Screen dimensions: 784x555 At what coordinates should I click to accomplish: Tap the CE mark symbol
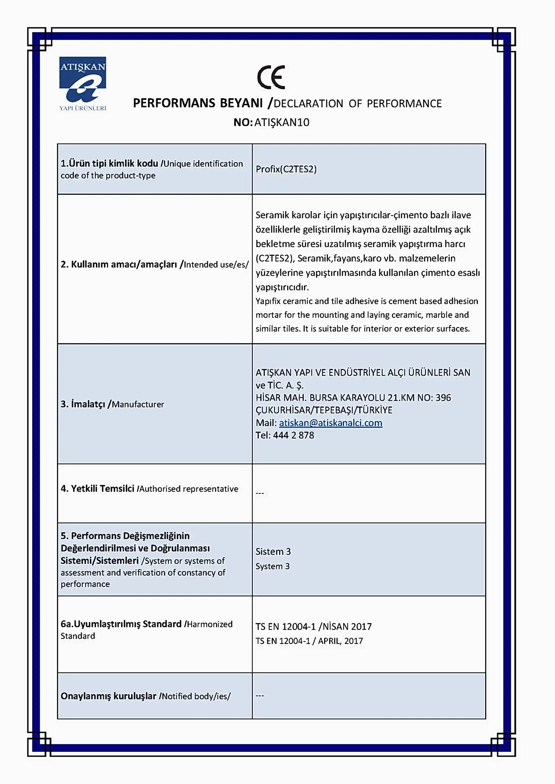click(x=271, y=77)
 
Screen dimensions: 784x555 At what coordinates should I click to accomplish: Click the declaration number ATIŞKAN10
click(x=282, y=122)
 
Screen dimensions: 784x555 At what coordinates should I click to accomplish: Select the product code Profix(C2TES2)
click(x=286, y=169)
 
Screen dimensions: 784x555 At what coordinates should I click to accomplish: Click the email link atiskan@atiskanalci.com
click(x=331, y=423)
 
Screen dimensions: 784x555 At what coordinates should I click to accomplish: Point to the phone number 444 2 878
click(x=293, y=435)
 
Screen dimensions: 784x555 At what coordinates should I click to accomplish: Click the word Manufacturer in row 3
click(x=138, y=404)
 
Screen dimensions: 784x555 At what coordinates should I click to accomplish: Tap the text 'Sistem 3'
click(x=273, y=551)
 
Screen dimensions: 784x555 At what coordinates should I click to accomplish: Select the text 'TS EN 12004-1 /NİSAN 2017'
click(x=313, y=626)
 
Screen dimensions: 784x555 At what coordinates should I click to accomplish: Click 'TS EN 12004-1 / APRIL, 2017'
click(x=309, y=641)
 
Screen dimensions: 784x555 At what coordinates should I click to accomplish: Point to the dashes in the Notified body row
click(x=260, y=696)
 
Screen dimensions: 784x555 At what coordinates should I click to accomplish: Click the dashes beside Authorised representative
click(x=260, y=493)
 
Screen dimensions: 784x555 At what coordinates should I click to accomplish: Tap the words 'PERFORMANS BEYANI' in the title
click(x=198, y=103)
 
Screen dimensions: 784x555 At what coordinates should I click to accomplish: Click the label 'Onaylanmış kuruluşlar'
click(x=108, y=696)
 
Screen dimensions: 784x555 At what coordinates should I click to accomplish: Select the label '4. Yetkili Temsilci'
click(x=97, y=489)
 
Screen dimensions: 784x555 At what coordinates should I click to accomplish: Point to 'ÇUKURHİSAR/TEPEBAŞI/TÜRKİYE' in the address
click(x=323, y=410)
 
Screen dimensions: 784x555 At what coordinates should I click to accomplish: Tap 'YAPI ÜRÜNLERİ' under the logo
click(x=83, y=108)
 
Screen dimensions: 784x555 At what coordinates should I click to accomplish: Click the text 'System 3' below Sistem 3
click(x=272, y=566)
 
